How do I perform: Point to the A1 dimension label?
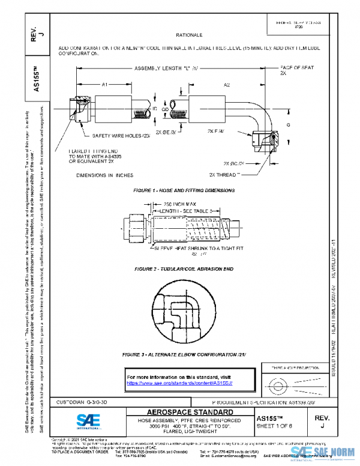click(x=103, y=86)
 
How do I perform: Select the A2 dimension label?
click(x=227, y=86)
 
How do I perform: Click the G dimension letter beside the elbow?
click(x=288, y=124)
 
